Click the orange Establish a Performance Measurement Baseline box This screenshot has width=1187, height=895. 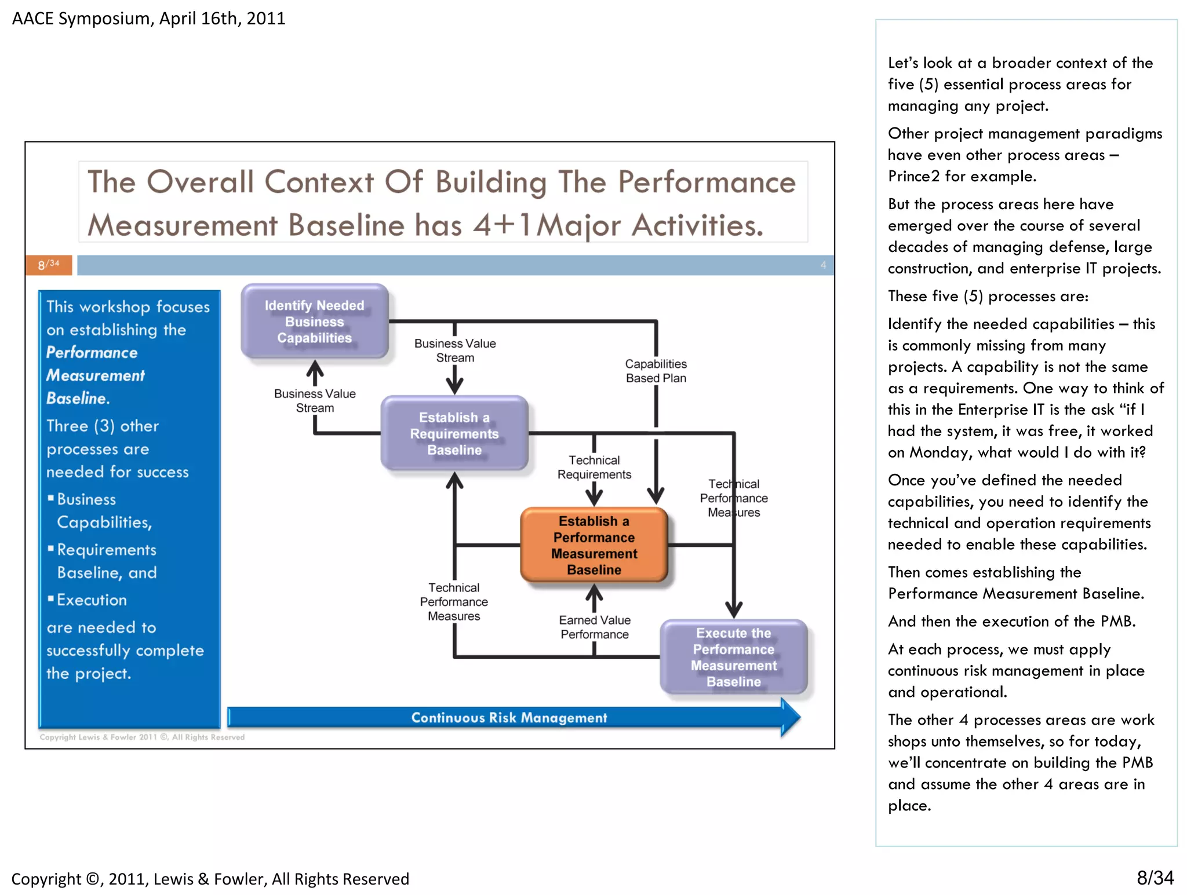click(x=593, y=545)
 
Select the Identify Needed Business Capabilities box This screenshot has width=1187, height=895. click(x=314, y=322)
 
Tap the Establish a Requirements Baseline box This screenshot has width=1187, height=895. click(x=454, y=433)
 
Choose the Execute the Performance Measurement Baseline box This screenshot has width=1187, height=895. click(x=733, y=657)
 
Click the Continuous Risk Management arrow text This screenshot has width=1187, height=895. click(x=509, y=718)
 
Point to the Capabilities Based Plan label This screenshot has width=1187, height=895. click(x=656, y=371)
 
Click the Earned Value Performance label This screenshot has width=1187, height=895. click(x=594, y=627)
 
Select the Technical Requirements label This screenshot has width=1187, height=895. click(x=594, y=467)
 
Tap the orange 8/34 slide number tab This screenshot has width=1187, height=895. click(x=49, y=265)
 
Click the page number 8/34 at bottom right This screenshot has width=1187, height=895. click(x=1155, y=878)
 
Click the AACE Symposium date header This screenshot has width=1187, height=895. click(x=148, y=19)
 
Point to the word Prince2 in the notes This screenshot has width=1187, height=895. click(x=913, y=176)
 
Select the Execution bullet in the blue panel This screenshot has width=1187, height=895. click(x=92, y=600)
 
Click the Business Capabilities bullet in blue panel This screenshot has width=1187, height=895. click(x=99, y=510)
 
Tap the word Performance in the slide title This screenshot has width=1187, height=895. click(x=707, y=182)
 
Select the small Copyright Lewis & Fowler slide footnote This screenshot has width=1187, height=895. click(x=142, y=737)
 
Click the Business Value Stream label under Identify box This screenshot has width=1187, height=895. click(x=315, y=400)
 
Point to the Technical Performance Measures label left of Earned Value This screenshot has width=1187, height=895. click(x=454, y=602)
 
